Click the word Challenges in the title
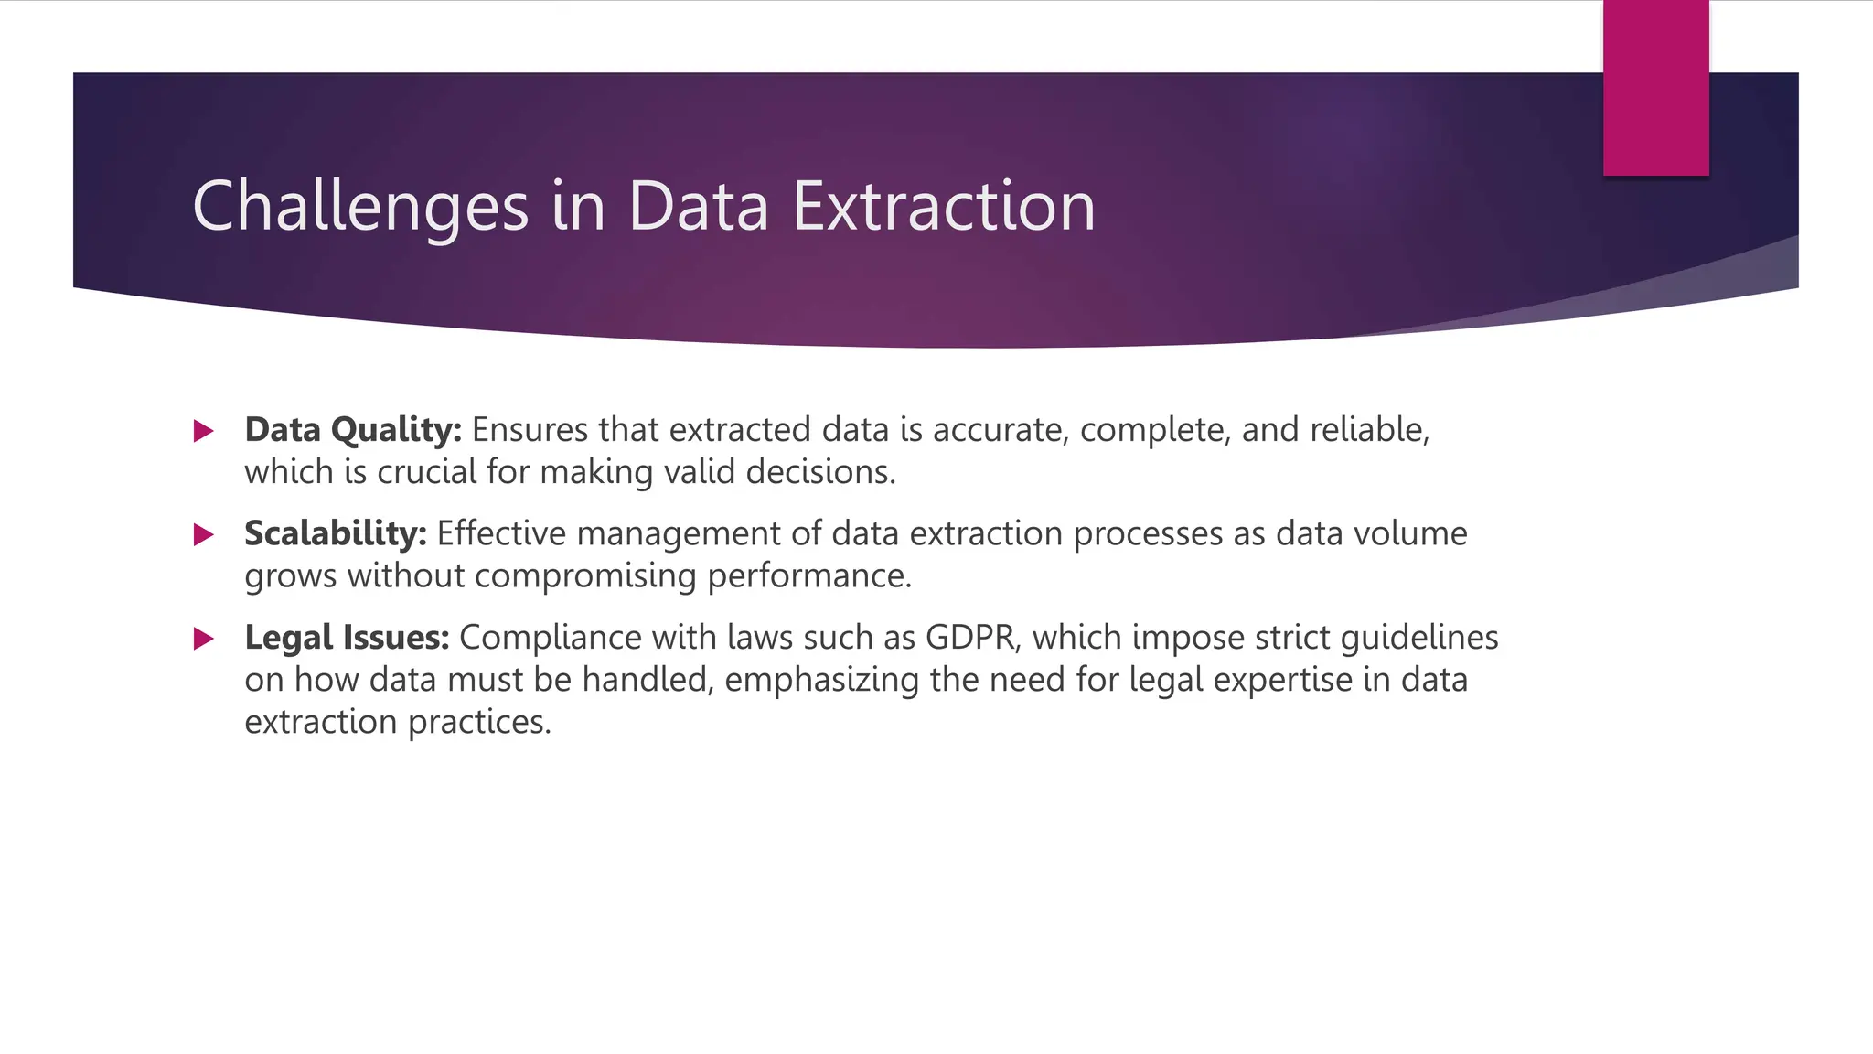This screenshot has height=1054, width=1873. tap(360, 207)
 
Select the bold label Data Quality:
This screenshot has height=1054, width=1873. tap(353, 430)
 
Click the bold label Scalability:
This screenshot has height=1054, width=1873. tap(336, 533)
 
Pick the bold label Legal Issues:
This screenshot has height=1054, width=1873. tap(347, 638)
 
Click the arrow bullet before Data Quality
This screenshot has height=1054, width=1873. tap(204, 431)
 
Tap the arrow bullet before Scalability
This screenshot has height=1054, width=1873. tap(204, 535)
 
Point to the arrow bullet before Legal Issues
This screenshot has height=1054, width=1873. tap(204, 639)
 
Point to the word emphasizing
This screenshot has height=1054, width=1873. tap(821, 680)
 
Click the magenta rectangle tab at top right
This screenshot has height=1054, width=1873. tap(1655, 88)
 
